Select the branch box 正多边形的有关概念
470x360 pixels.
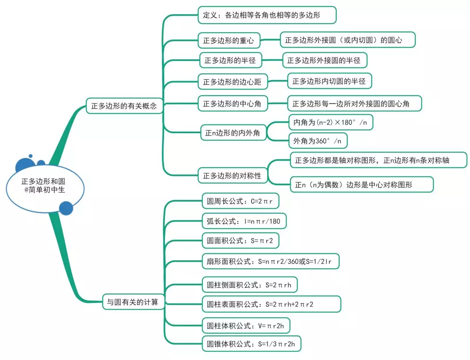[x=124, y=106]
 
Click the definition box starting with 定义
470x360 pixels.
[x=267, y=15]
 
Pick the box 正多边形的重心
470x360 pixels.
[x=228, y=40]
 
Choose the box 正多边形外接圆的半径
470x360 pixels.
[x=324, y=61]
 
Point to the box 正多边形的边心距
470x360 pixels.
[x=232, y=81]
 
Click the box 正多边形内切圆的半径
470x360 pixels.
[x=329, y=81]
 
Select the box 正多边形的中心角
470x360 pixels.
[x=232, y=104]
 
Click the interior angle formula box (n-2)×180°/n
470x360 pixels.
[x=330, y=123]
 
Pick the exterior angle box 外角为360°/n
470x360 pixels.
[x=318, y=141]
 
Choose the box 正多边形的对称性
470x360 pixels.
[x=232, y=176]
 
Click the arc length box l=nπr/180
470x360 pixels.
[x=244, y=222]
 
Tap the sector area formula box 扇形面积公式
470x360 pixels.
[x=270, y=262]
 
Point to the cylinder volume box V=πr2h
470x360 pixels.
[x=246, y=326]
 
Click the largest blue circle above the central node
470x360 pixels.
[x=23, y=165]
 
